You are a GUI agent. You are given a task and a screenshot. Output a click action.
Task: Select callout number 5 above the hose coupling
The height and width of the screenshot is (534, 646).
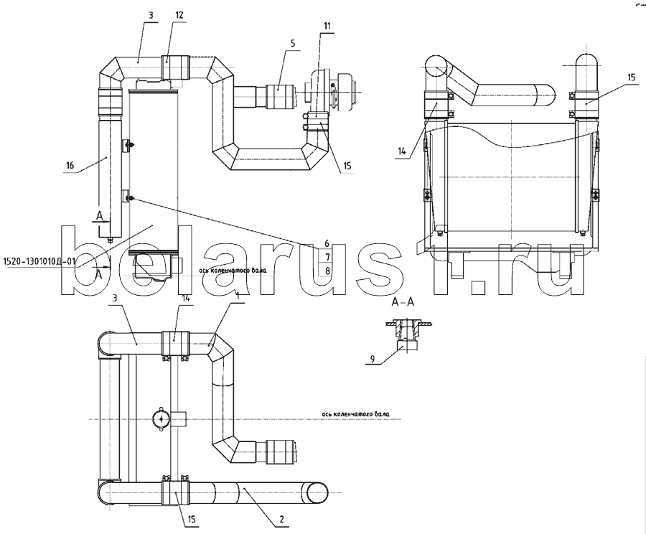[293, 42]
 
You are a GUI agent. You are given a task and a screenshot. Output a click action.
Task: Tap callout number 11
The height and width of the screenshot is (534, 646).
[327, 26]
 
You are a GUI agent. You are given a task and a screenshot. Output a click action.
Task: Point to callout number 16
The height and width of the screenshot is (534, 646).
[70, 165]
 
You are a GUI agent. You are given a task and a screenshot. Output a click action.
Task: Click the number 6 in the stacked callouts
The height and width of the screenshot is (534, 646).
[327, 243]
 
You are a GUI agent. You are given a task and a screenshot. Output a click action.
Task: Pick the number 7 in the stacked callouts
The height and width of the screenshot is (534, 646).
[327, 257]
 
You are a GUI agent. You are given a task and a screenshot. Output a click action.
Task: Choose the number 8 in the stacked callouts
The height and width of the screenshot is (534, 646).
[327, 271]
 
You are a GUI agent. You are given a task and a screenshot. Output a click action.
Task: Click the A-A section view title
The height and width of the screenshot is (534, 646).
[402, 302]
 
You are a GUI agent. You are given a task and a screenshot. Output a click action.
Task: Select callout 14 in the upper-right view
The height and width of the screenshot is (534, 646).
[402, 151]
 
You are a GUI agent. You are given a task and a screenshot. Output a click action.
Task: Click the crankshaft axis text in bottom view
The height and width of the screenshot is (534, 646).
[356, 414]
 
